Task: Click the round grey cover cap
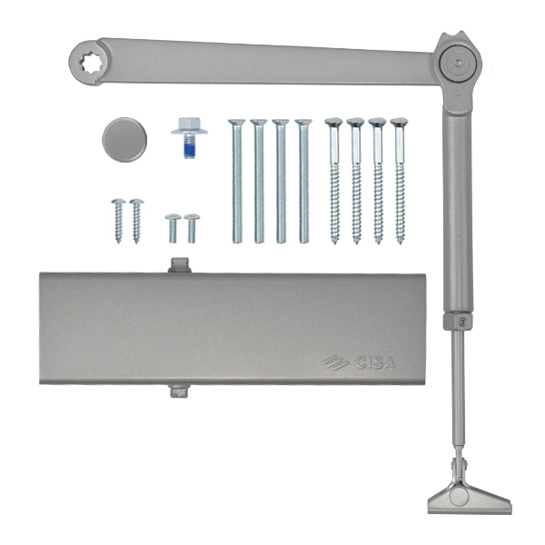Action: coord(124,140)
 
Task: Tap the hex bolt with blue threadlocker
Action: coord(189,138)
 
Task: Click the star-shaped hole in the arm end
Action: coord(91,63)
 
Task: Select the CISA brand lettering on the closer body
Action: coord(374,362)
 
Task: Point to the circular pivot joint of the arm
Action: coord(459,64)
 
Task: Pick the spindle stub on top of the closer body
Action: coord(179,265)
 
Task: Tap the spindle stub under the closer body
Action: coord(179,391)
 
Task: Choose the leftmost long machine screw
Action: coord(237,181)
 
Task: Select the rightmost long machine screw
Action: coord(303,181)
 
